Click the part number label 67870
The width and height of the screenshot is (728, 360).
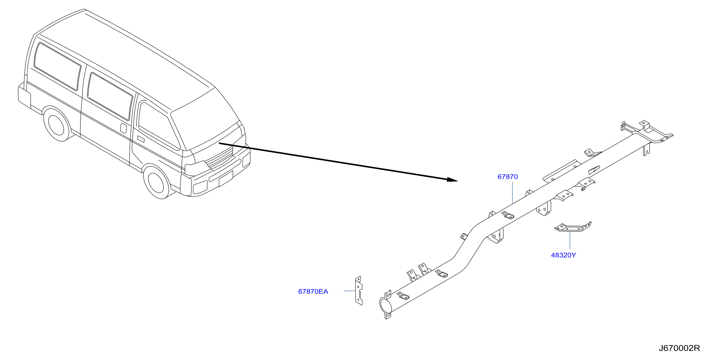(508, 177)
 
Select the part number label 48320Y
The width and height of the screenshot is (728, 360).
(563, 255)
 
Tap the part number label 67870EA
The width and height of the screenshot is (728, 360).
(313, 292)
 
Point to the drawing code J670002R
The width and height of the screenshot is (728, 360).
(679, 348)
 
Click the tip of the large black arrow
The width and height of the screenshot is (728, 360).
(457, 181)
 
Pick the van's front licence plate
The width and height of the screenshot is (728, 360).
(226, 179)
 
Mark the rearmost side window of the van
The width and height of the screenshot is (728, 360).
(57, 66)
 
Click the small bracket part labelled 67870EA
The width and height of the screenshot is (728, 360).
(359, 290)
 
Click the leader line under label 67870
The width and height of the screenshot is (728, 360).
(512, 193)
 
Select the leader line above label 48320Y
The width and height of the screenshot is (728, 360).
(570, 240)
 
